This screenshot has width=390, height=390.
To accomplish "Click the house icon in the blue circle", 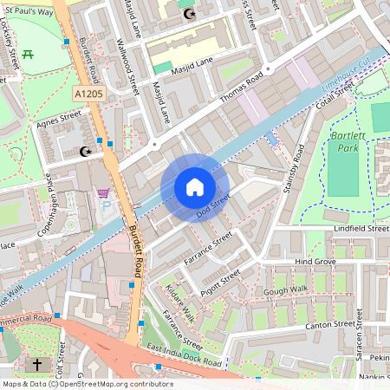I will click(x=194, y=187).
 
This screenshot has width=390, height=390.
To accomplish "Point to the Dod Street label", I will click(x=212, y=205).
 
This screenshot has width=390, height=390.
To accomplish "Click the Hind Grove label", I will click(x=315, y=261).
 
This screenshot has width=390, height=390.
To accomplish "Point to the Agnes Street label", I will click(x=57, y=120).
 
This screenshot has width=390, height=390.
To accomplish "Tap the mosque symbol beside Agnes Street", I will click(x=85, y=153).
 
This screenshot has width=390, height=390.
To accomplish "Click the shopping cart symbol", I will click(x=103, y=192).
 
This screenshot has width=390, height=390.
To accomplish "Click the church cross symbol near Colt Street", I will click(x=38, y=365).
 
